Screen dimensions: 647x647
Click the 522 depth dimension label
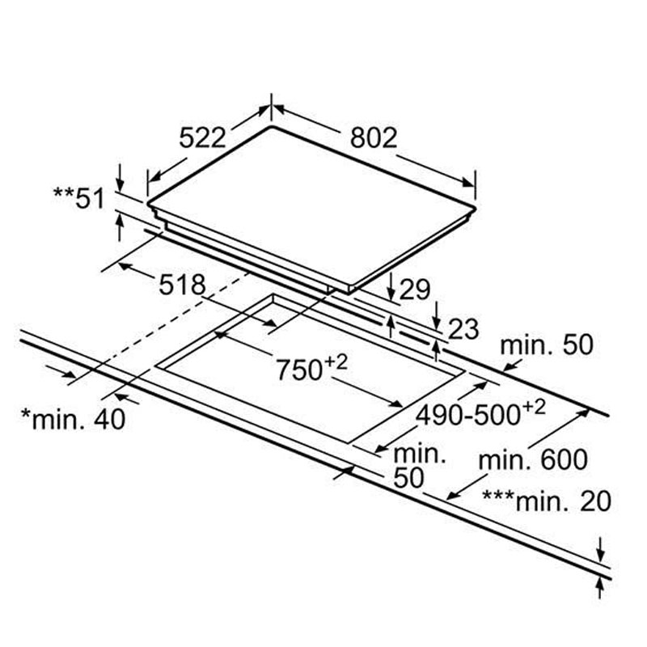click(201, 138)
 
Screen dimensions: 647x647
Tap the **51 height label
click(78, 197)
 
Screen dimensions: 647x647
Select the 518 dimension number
click(182, 285)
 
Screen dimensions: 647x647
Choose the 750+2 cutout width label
click(311, 368)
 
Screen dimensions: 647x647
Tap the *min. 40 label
click(74, 420)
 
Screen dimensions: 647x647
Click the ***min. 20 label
click(546, 500)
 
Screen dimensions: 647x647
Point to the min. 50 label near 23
click(547, 345)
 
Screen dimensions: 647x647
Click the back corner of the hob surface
click(271, 127)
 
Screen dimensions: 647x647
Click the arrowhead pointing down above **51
click(120, 180)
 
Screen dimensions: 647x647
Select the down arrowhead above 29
click(391, 293)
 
